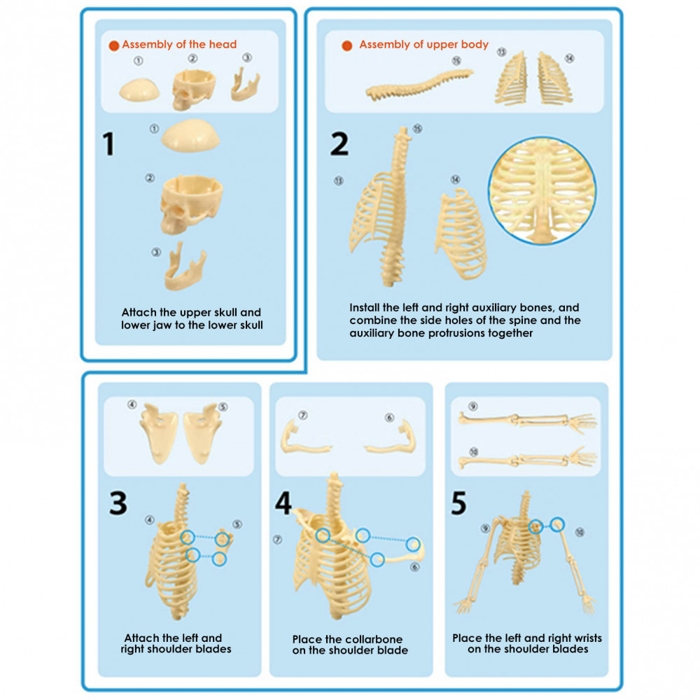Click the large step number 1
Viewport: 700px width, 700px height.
click(x=108, y=143)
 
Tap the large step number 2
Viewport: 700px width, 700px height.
click(x=339, y=143)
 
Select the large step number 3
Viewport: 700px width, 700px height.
click(x=118, y=503)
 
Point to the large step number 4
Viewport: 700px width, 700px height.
click(x=283, y=503)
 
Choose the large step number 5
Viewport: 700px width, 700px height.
click(x=459, y=503)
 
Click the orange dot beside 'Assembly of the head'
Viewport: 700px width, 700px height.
click(x=114, y=45)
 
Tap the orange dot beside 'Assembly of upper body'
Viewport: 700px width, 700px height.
click(x=347, y=45)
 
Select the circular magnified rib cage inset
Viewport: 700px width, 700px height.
click(x=542, y=190)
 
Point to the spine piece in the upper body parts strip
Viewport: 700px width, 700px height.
click(x=419, y=85)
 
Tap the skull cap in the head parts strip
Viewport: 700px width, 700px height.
click(x=139, y=90)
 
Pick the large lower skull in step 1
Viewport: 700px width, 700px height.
click(x=191, y=204)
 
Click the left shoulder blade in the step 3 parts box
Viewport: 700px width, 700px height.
click(x=159, y=433)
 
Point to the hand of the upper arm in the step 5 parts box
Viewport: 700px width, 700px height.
click(x=582, y=423)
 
